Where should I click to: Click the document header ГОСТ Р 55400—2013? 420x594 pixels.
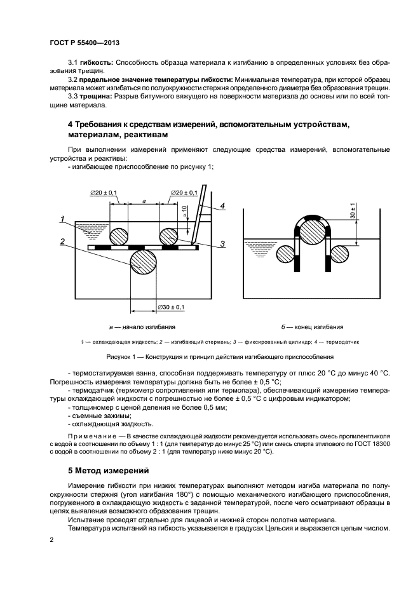pyautogui.click(x=85, y=43)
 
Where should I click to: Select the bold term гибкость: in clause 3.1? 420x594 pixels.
pyautogui.click(x=96, y=62)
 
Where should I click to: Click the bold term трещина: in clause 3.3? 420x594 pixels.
pyautogui.click(x=96, y=97)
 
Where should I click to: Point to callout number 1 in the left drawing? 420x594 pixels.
pyautogui.click(x=62, y=219)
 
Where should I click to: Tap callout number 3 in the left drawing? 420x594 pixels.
pyautogui.click(x=222, y=243)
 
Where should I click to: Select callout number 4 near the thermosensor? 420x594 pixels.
pyautogui.click(x=222, y=206)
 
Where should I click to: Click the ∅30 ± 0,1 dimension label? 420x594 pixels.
pyautogui.click(x=171, y=307)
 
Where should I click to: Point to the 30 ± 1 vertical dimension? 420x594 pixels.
pyautogui.click(x=353, y=210)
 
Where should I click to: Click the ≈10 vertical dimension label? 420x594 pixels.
pyautogui.click(x=184, y=210)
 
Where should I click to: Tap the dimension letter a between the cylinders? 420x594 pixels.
pyautogui.click(x=144, y=201)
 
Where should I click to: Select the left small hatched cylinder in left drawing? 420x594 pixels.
pyautogui.click(x=119, y=237)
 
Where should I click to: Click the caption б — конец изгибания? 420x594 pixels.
pyautogui.click(x=313, y=327)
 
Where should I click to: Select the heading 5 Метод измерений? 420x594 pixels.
pyautogui.click(x=109, y=471)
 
